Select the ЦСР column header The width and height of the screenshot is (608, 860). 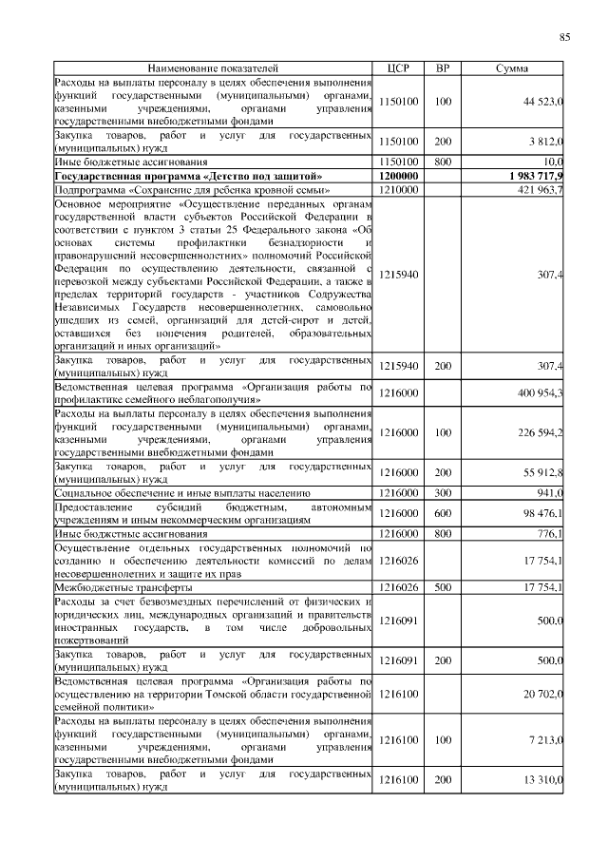(x=398, y=68)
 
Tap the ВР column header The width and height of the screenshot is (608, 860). (x=442, y=68)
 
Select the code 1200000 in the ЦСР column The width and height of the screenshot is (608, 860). (x=398, y=177)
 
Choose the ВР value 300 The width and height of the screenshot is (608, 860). (x=442, y=493)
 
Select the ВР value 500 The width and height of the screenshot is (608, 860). (x=442, y=588)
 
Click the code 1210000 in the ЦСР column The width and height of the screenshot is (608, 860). (x=398, y=190)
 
